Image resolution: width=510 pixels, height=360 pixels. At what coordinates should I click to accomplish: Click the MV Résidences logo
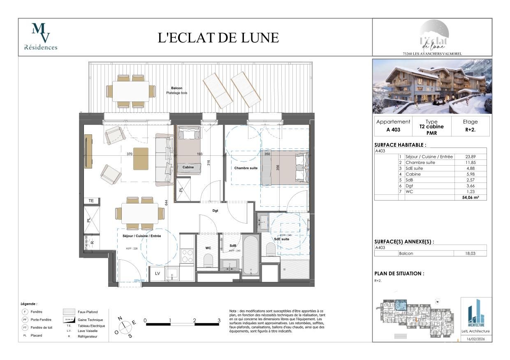click(41, 37)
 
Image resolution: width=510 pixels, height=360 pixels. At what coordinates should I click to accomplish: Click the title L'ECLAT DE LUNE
click(218, 38)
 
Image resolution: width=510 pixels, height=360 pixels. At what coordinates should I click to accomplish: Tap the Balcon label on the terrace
click(176, 88)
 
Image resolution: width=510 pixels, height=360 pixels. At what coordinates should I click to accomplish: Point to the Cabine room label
click(188, 167)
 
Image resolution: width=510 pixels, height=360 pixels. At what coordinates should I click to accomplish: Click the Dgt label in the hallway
click(215, 210)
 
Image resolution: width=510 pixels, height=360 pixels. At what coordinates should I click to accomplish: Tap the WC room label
click(208, 248)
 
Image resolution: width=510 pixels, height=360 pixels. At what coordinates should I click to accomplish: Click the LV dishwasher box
click(157, 273)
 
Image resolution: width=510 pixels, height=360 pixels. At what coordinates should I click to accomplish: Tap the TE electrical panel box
click(91, 201)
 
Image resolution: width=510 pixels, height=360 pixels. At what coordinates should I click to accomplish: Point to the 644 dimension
click(167, 203)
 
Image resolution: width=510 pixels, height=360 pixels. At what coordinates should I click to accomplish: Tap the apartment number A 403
click(393, 129)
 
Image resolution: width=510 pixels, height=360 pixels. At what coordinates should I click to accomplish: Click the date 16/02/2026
click(476, 339)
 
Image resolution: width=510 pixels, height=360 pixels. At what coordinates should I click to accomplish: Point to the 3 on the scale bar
click(219, 320)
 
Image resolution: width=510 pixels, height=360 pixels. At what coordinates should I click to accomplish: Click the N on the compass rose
click(120, 318)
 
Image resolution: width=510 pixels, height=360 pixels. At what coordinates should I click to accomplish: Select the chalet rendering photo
click(432, 86)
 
